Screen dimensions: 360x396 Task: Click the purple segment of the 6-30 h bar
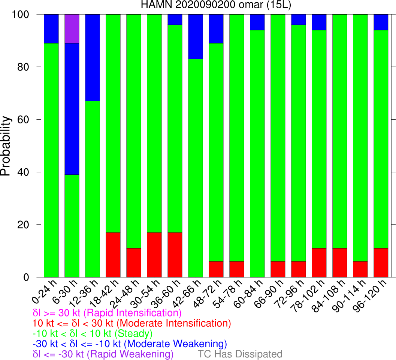pos(72,28)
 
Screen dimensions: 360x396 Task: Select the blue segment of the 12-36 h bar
pos(93,57)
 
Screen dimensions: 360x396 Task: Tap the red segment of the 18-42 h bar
pos(113,255)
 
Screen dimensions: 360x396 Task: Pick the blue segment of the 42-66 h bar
pos(196,36)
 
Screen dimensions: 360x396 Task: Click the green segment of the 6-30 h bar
pos(72,226)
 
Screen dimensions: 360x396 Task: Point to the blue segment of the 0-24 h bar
pos(51,28)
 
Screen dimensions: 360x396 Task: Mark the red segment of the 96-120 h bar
pos(381,262)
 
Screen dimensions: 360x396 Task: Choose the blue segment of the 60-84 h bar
pos(257,22)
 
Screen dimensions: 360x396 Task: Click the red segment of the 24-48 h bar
pos(134,262)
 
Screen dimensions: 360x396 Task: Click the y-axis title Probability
pos(6,146)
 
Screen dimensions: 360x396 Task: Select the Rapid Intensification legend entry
pos(107,313)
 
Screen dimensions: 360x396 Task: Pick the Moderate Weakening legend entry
pos(130,343)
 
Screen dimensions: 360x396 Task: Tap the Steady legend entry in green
pos(93,333)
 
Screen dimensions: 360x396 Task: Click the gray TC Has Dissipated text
pos(240,354)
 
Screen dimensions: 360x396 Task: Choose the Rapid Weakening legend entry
pos(103,354)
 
